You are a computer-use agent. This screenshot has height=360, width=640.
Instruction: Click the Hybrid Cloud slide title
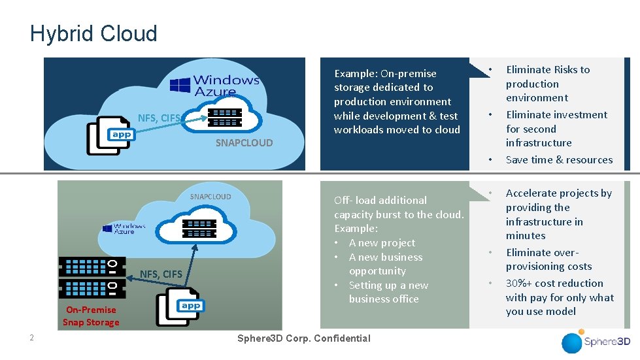pos(93,33)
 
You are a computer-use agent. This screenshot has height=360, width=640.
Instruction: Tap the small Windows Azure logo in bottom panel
pos(124,228)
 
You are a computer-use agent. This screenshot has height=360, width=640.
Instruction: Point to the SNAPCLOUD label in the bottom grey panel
pos(210,197)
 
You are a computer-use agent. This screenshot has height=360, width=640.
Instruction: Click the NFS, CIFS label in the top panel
pos(159,118)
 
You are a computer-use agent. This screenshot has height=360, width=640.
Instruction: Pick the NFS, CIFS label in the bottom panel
pos(160,274)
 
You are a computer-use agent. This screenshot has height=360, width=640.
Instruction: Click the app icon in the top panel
pos(109,135)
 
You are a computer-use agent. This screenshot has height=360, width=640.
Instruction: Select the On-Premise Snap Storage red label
pos(91,316)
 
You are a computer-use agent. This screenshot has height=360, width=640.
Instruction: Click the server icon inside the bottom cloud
pos(199,228)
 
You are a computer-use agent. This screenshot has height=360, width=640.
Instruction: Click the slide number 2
pos(31,338)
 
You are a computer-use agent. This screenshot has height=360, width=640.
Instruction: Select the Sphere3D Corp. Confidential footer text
pos(303,338)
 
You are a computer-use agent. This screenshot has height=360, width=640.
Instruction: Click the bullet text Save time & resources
pos(559,159)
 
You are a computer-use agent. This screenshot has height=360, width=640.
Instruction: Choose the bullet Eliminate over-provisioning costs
pos(548,259)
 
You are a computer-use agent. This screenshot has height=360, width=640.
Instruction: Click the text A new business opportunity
pos(385,264)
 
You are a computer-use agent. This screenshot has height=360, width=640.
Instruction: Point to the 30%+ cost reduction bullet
pos(559,297)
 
